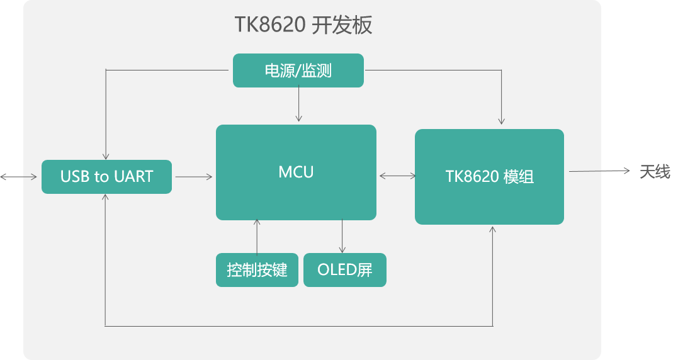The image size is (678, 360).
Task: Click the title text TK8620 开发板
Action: (x=304, y=25)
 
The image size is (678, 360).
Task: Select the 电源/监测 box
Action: (x=298, y=70)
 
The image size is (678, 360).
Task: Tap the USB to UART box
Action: (x=106, y=177)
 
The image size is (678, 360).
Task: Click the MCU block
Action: (x=296, y=172)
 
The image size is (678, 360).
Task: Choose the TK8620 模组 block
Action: (x=489, y=177)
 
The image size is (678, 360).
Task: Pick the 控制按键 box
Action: (x=257, y=271)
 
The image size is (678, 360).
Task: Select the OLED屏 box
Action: (x=344, y=271)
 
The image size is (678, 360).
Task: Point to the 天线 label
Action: (x=655, y=171)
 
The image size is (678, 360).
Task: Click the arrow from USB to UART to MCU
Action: (x=194, y=177)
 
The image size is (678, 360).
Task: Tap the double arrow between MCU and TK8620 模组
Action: (x=397, y=177)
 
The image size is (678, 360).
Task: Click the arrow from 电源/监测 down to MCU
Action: (x=299, y=104)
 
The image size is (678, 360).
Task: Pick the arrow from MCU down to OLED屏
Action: (x=342, y=237)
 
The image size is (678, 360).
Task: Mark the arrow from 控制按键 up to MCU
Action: (x=257, y=237)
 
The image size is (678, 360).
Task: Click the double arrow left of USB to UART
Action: (x=19, y=177)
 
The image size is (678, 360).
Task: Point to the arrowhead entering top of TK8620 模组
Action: (x=501, y=121)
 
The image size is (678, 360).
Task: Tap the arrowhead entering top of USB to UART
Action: (x=106, y=155)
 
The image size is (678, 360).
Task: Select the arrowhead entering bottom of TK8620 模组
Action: (x=493, y=230)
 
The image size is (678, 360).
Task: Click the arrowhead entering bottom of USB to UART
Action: (x=106, y=198)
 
